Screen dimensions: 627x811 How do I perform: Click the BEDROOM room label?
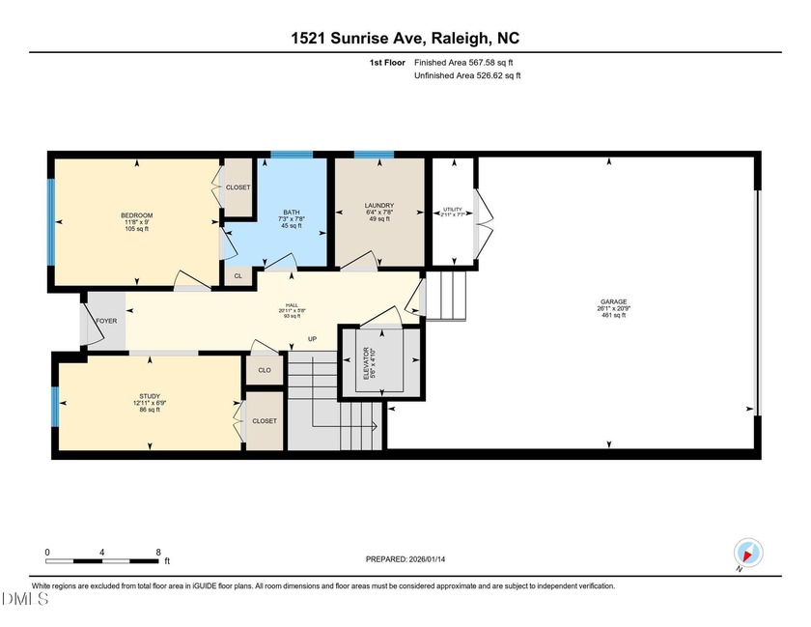pos(136,214)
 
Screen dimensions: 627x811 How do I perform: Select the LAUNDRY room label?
pos(379,206)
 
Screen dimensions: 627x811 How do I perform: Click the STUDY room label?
pos(149,396)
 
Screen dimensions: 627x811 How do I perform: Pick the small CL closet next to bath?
pos(238,275)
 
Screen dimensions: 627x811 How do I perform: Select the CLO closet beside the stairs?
pos(264,370)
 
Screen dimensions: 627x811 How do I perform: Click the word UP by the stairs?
pos(312,339)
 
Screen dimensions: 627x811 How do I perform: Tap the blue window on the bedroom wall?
pos(50,222)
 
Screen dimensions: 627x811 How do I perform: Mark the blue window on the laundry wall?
pos(374,154)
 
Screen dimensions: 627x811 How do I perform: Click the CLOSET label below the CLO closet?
pos(264,421)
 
